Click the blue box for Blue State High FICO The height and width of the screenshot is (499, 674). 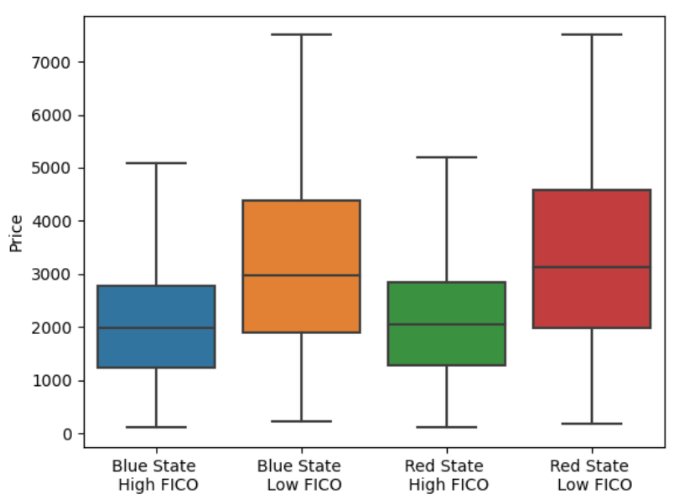pos(156,306)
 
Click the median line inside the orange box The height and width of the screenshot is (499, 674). pos(301,275)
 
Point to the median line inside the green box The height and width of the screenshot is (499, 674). pos(446,324)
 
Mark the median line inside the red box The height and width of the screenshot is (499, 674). pos(592,267)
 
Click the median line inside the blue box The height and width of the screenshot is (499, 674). pos(156,327)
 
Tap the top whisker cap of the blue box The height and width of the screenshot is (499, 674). pos(156,162)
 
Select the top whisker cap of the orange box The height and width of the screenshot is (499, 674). pos(301,34)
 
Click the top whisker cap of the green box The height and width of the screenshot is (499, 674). pos(446,157)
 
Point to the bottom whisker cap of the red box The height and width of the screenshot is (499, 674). pos(592,424)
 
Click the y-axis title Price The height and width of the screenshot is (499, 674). pos(16,232)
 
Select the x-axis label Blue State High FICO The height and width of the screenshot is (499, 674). pos(155,475)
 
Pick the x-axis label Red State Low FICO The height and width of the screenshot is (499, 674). pos(592,475)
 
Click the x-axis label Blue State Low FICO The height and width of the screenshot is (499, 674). pos(300,475)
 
